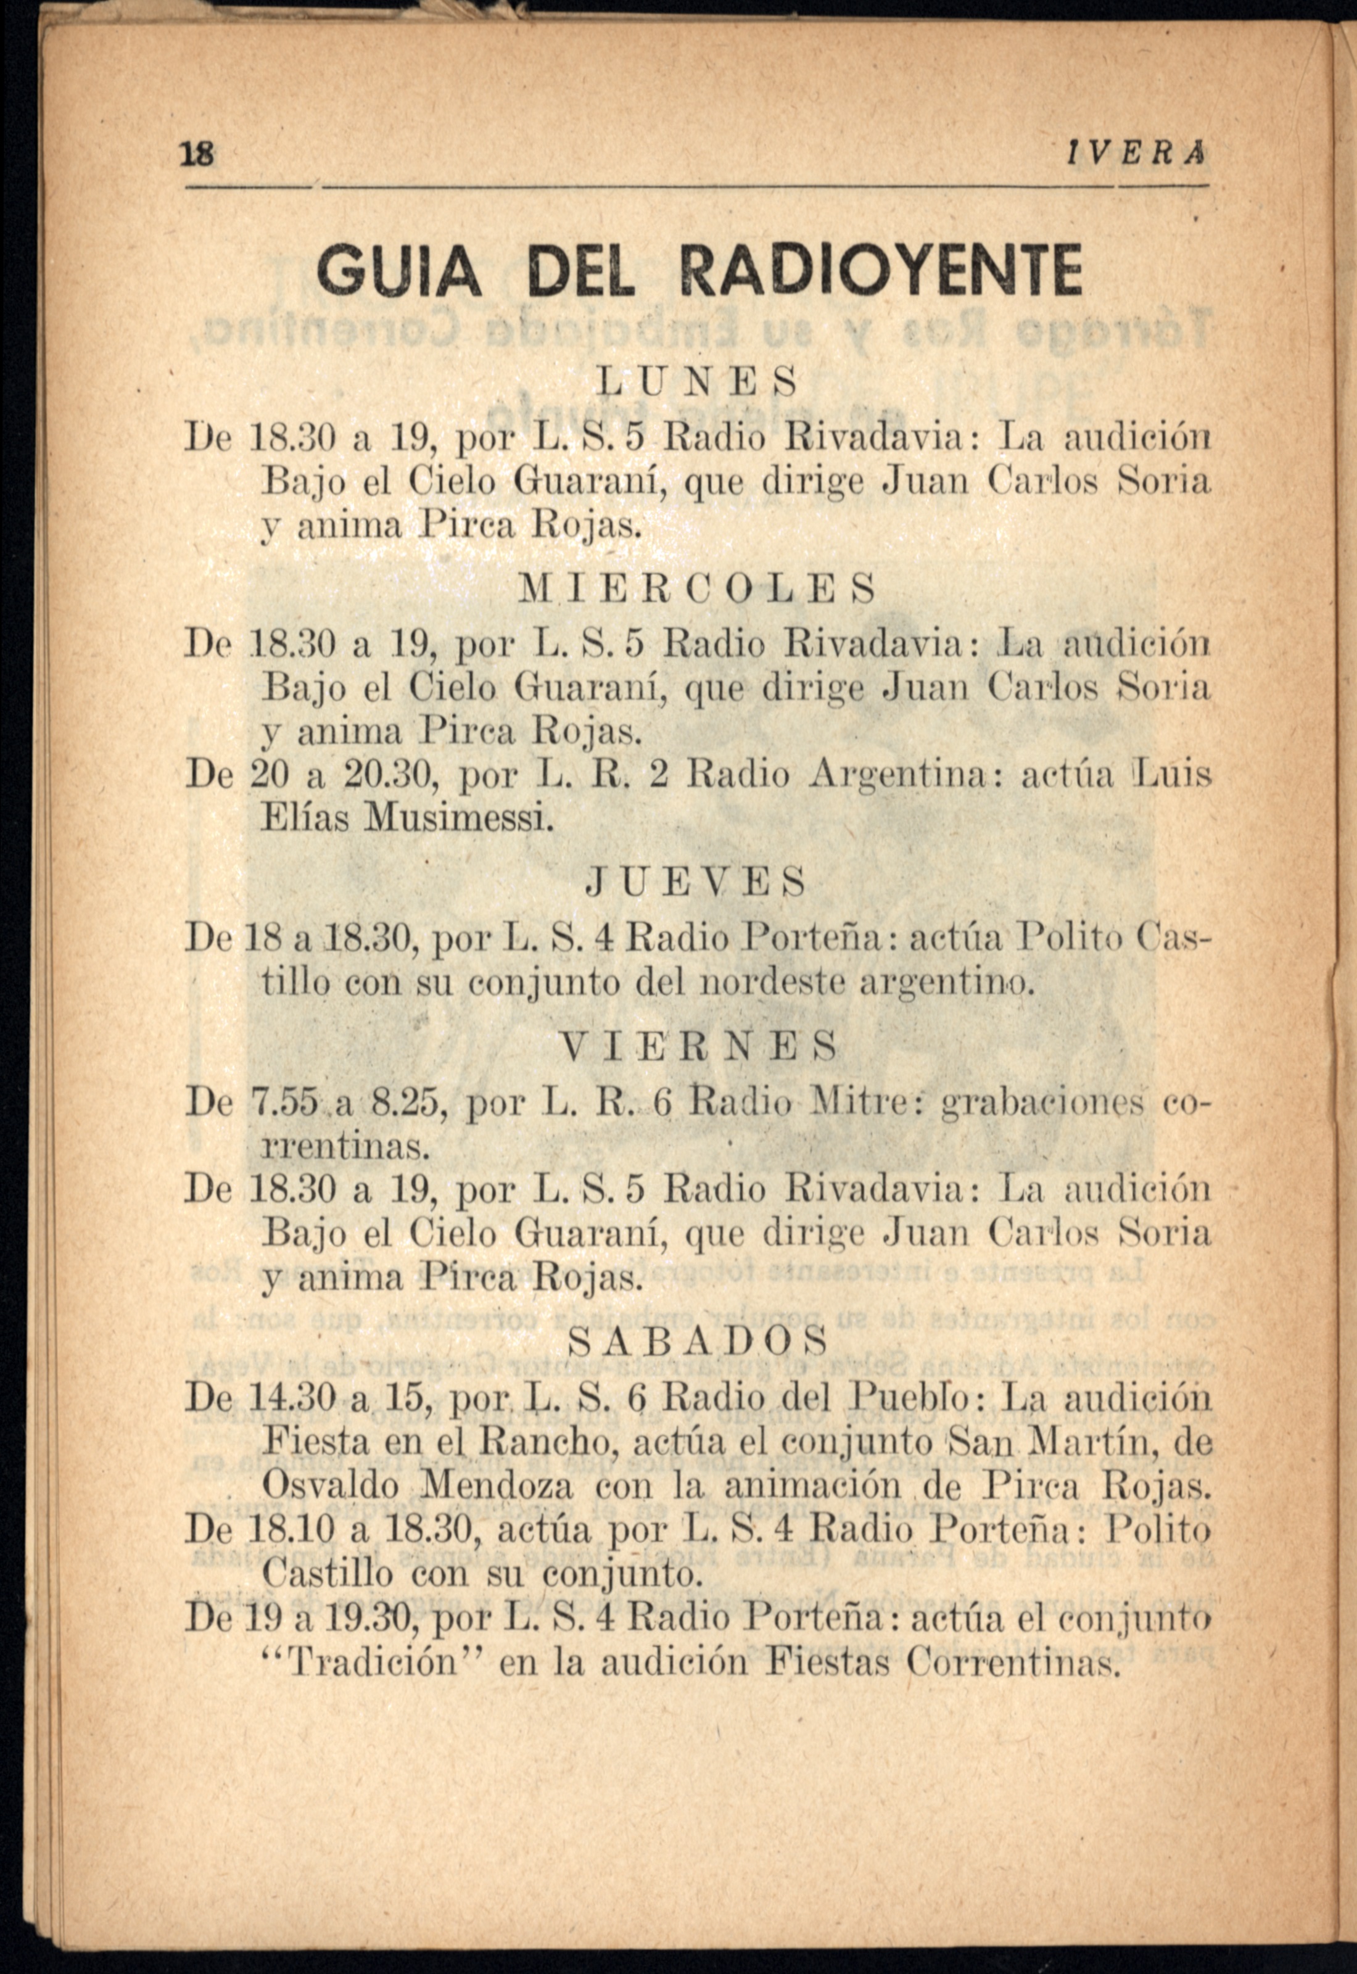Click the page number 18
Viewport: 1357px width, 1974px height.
[x=198, y=155]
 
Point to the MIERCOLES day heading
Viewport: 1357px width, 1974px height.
[x=696, y=587]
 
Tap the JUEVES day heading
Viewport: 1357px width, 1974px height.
[x=696, y=882]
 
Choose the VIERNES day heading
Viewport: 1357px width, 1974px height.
[x=696, y=1046]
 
